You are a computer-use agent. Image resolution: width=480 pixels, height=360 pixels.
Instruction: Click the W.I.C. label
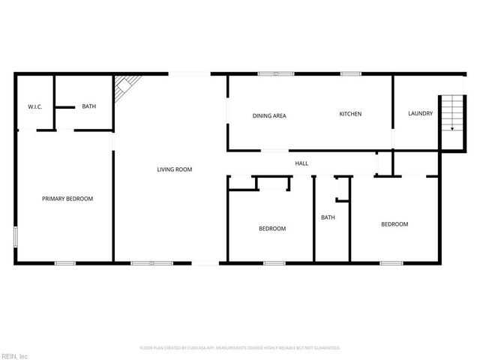[x=35, y=107]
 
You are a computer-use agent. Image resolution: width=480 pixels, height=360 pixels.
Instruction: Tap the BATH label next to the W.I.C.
[x=89, y=106]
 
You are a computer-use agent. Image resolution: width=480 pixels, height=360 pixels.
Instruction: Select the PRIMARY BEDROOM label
[x=67, y=199]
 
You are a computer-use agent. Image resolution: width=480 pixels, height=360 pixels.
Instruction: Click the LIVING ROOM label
[x=175, y=169]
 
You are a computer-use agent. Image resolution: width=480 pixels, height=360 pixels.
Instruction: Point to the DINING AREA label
[x=269, y=115]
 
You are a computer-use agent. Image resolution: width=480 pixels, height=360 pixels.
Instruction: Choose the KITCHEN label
[x=351, y=114]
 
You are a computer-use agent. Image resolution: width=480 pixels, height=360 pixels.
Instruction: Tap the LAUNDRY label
[x=420, y=114]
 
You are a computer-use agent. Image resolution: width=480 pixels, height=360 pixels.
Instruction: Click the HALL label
[x=301, y=163]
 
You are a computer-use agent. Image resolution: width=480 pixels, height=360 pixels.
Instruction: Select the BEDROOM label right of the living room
[x=272, y=229]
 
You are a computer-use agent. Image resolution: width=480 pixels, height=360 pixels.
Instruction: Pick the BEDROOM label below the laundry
[x=394, y=224]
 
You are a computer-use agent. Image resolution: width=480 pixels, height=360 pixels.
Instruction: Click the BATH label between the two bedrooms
[x=328, y=218]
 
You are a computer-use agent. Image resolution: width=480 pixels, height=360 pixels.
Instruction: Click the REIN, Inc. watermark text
[x=15, y=355]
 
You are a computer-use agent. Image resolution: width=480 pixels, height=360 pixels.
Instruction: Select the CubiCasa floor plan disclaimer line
[x=240, y=348]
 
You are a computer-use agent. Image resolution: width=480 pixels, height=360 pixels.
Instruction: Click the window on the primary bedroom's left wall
[x=16, y=237]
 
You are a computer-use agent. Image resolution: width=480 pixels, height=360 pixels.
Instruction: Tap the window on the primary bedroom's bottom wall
[x=65, y=262]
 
